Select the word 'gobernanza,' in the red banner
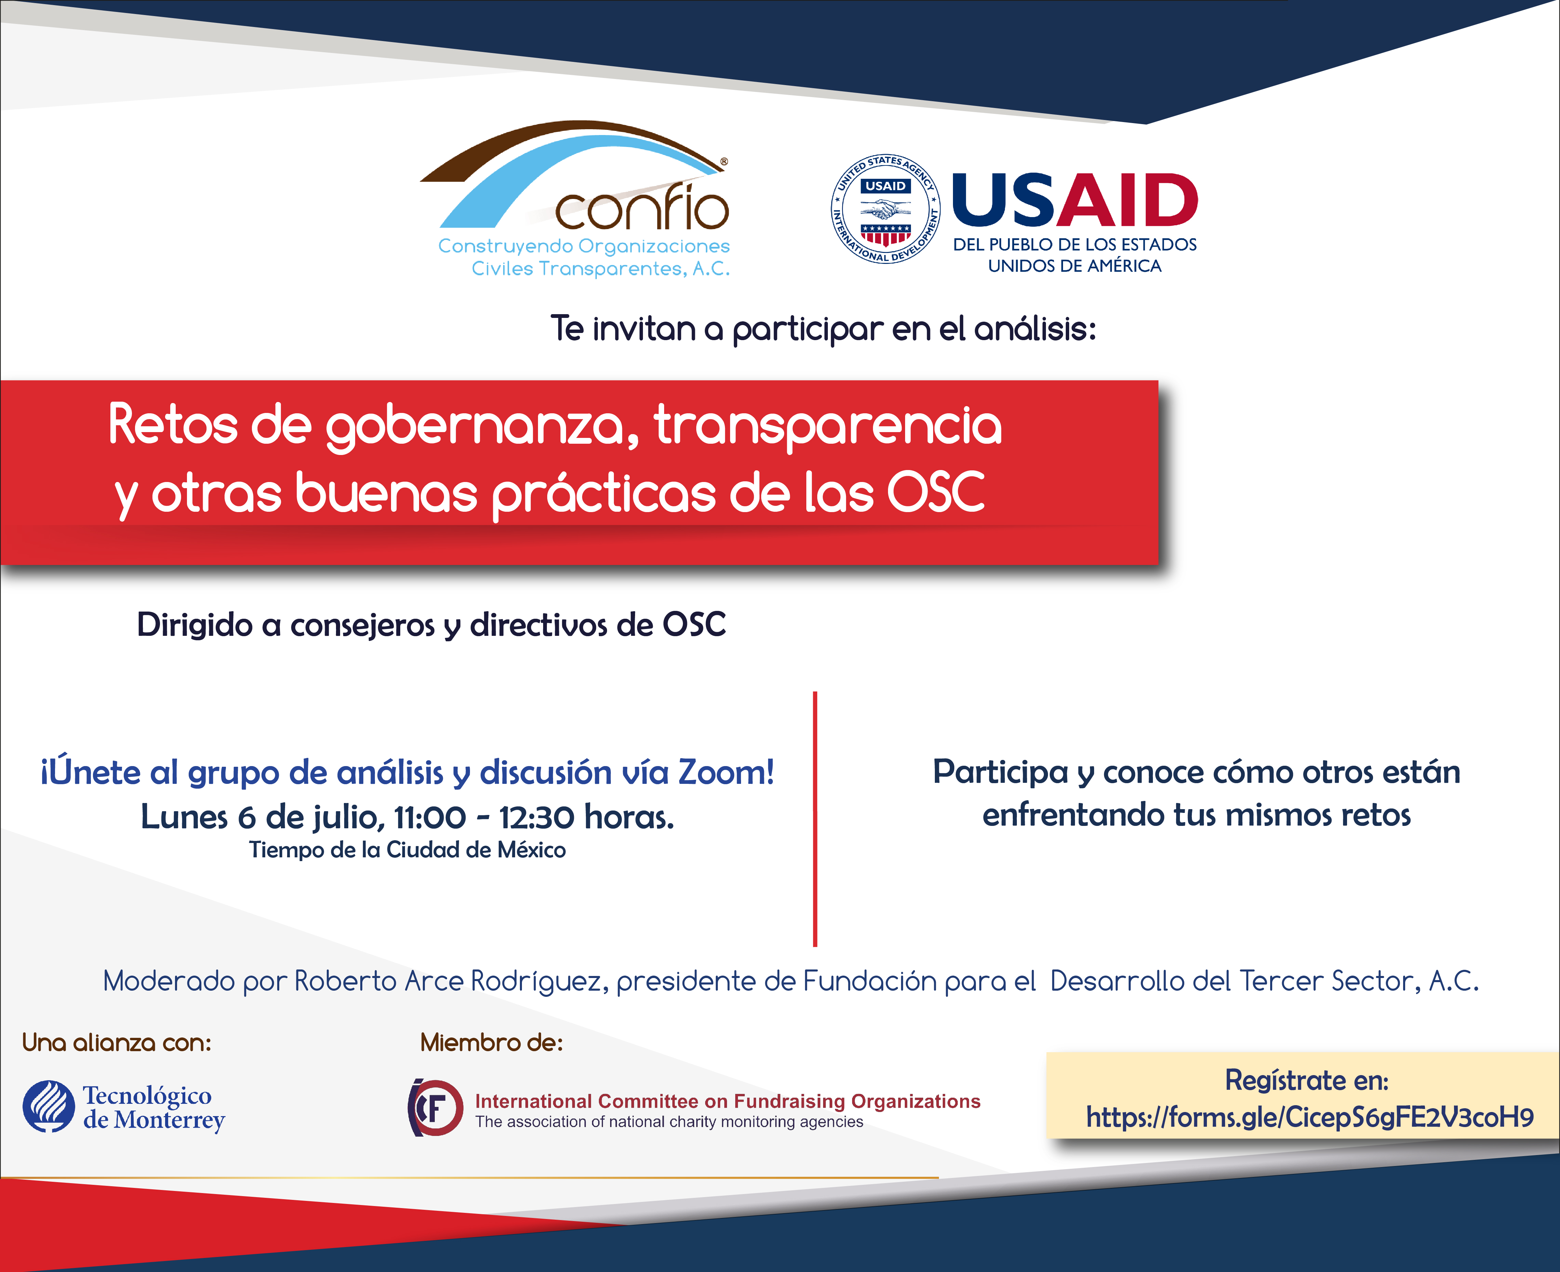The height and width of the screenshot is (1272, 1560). pyautogui.click(x=481, y=427)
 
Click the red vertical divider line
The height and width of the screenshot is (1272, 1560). pyautogui.click(x=815, y=818)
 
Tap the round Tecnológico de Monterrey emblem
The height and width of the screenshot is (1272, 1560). pyautogui.click(x=48, y=1107)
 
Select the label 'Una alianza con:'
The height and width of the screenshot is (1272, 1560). pyautogui.click(x=117, y=1042)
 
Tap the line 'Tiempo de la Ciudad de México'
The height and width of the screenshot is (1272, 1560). pyautogui.click(x=407, y=850)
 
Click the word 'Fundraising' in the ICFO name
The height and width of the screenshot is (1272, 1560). pyautogui.click(x=790, y=1101)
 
